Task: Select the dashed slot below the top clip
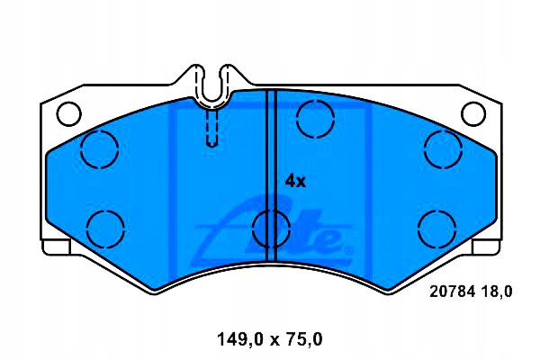[212, 126]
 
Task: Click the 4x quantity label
[295, 181]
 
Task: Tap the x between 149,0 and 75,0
[267, 339]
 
